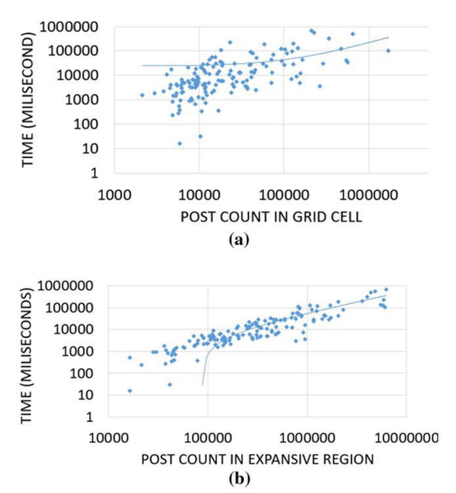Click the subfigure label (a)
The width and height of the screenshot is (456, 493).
click(x=239, y=240)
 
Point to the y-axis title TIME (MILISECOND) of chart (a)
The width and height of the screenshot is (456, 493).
click(x=28, y=100)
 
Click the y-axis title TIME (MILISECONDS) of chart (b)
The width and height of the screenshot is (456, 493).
click(x=28, y=351)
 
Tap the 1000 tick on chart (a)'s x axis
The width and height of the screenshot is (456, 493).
click(x=114, y=196)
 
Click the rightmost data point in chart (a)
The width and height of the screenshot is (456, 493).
click(x=388, y=51)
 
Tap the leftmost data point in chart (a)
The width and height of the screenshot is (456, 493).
click(x=142, y=95)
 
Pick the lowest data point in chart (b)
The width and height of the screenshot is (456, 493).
click(x=129, y=391)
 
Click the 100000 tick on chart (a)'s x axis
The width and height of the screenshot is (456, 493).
click(x=283, y=196)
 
